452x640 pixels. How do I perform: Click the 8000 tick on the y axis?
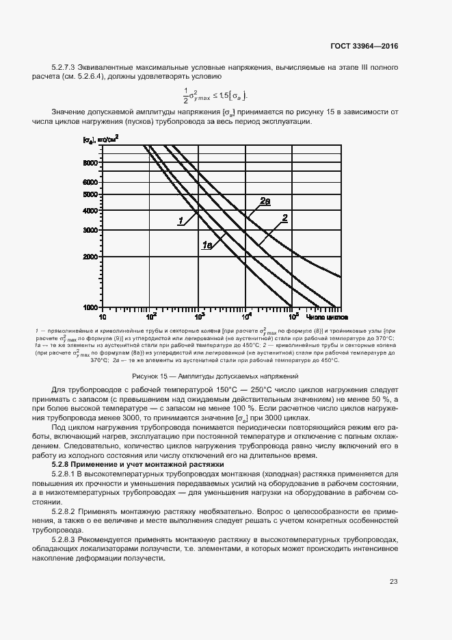(92, 164)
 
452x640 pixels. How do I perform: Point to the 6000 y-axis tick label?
(92, 183)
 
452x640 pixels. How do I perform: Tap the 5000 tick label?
(92, 194)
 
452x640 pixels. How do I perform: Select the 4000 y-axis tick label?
(92, 211)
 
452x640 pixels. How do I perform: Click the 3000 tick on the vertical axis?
(92, 230)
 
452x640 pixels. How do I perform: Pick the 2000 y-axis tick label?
(92, 257)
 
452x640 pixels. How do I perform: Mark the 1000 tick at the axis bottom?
(92, 307)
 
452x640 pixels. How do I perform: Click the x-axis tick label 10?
(103, 318)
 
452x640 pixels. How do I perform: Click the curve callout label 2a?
(265, 201)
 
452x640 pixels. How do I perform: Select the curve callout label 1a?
(208, 244)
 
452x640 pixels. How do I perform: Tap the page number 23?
(393, 582)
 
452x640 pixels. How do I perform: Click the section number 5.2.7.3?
(65, 67)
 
